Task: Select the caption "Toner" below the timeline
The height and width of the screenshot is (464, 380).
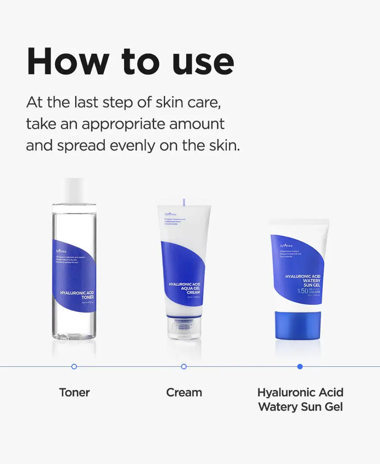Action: pos(74,392)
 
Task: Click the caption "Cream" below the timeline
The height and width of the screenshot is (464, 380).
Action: pos(184,392)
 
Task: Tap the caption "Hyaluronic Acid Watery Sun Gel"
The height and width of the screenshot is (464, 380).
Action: pos(300,399)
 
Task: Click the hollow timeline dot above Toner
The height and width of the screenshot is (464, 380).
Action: pos(74,366)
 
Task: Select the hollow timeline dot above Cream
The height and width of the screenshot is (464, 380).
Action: pos(184,366)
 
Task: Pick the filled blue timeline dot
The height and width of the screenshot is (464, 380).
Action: pos(300,366)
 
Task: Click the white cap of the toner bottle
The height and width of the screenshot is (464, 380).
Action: pos(74,190)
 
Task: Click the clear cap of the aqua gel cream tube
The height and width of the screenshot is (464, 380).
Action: pos(184,328)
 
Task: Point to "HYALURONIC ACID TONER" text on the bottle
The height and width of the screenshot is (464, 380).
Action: pos(76,295)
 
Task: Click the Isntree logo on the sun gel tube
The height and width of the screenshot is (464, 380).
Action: pos(286,246)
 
